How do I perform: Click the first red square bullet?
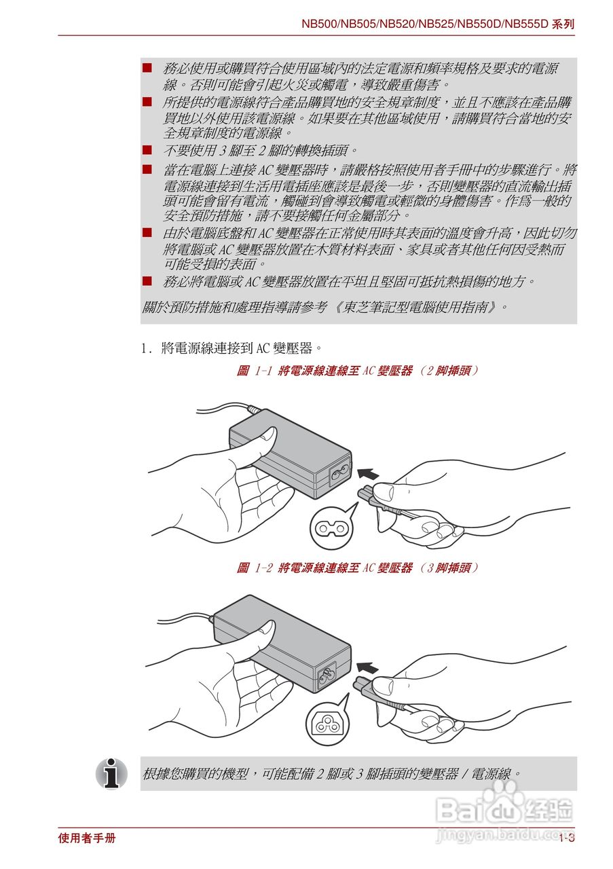click(147, 69)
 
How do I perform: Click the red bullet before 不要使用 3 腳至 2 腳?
click(147, 149)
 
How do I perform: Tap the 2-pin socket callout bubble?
click(333, 528)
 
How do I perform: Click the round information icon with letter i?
click(111, 773)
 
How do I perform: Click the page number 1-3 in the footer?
click(567, 838)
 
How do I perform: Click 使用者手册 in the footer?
click(87, 838)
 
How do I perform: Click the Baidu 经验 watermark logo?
click(506, 808)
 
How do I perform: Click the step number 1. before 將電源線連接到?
click(145, 349)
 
